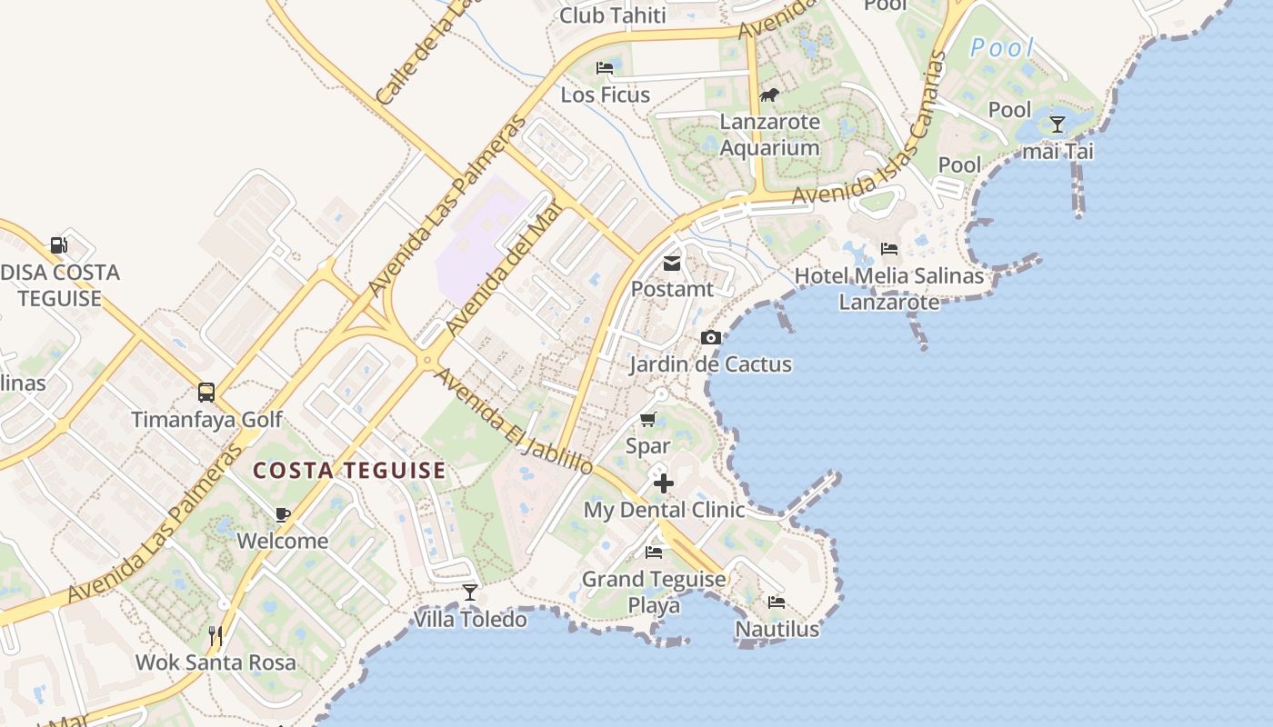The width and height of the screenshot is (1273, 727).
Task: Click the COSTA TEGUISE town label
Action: coord(349,471)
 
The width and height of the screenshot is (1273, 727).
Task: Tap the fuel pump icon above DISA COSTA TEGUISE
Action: coord(59,244)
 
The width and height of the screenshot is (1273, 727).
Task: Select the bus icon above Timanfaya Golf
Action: coord(206,393)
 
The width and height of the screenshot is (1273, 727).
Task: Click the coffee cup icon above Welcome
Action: coord(283,514)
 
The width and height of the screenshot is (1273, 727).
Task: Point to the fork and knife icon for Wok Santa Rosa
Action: coord(216,635)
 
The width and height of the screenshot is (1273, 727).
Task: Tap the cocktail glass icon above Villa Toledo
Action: coord(470,593)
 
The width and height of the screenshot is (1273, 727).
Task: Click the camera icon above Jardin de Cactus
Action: coord(711,338)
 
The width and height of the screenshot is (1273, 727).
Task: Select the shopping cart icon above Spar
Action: coord(648,419)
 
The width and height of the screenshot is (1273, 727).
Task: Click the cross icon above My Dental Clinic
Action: coord(664,483)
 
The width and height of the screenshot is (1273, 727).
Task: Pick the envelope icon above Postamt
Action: coord(672,264)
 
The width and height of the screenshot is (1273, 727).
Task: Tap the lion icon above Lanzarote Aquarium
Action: coord(769,95)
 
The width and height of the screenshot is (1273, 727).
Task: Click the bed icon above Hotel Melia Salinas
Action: coord(889,249)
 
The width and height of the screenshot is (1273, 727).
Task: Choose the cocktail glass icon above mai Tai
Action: coord(1057,124)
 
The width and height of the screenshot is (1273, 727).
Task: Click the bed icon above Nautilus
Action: coord(777,602)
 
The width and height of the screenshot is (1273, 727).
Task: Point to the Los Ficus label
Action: coord(605,95)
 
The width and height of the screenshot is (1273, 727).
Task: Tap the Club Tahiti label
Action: coord(613,15)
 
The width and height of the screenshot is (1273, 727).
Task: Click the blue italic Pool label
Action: coord(1002,47)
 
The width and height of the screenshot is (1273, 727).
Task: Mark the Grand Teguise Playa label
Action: coord(654,592)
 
